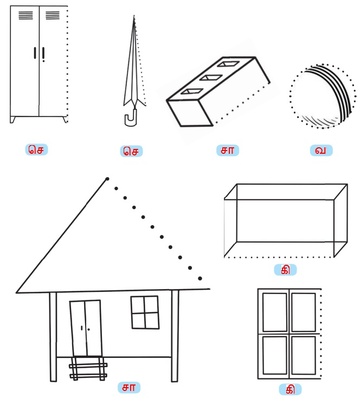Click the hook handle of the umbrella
pyautogui.click(x=131, y=120)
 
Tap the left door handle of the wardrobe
pyautogui.click(x=35, y=53)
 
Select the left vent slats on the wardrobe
pyautogui.click(x=25, y=16)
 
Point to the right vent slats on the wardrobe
pyautogui.click(x=53, y=16)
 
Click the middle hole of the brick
pyautogui.click(x=211, y=77)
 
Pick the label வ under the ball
pyautogui.click(x=321, y=151)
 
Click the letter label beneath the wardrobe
pyautogui.click(x=36, y=149)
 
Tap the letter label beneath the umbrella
pyautogui.click(x=131, y=151)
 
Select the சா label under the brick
pyautogui.click(x=227, y=151)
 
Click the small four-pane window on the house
pyautogui.click(x=145, y=312)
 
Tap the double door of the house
pyautogui.click(x=86, y=328)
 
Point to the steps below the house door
pyautogui.click(x=88, y=369)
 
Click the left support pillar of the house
pyautogui.click(x=53, y=337)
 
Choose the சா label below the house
pyautogui.click(x=129, y=387)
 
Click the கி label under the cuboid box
pyautogui.click(x=285, y=270)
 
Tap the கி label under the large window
pyautogui.click(x=290, y=389)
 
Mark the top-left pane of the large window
pyautogui.click(x=275, y=312)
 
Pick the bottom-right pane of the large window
pyautogui.click(x=304, y=355)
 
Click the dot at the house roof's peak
pyautogui.click(x=107, y=179)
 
